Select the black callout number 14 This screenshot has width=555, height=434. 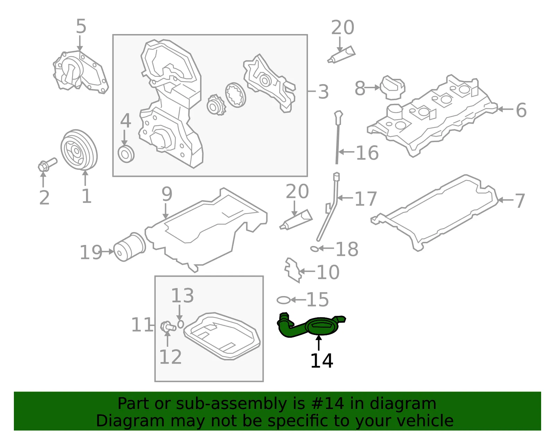point(322,361)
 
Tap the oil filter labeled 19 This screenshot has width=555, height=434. point(129,247)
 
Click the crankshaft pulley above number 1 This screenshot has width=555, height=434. point(79,150)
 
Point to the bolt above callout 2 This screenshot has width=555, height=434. point(48,164)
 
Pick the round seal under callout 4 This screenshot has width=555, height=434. point(126,154)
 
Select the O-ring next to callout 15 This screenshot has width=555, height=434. point(283,300)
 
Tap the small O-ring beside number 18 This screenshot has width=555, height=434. point(314,248)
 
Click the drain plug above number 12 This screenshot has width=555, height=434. point(168,327)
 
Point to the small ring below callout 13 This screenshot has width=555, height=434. point(181,324)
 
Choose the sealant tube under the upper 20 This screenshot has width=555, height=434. point(341,55)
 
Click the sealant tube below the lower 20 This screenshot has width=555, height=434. point(296,220)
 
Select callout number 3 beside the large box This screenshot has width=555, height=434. point(323,92)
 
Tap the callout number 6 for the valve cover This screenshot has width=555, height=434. point(521,110)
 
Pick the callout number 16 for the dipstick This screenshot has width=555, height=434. point(367,153)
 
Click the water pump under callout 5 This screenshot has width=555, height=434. point(80,72)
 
